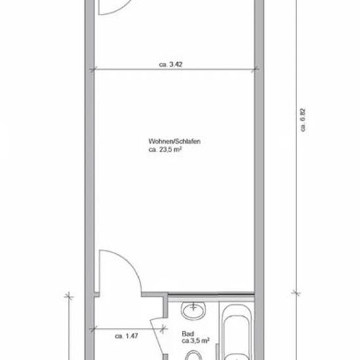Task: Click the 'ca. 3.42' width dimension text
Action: (x=171, y=65)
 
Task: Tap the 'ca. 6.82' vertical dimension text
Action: (x=303, y=120)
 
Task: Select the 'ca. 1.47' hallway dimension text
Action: (x=126, y=336)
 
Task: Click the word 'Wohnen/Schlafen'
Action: (x=175, y=141)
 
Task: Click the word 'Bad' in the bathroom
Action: (x=188, y=334)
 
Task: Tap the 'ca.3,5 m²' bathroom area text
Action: (x=196, y=341)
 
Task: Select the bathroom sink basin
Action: (x=193, y=310)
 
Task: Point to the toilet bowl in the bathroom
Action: (x=193, y=355)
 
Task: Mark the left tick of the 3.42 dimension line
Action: (x=92, y=69)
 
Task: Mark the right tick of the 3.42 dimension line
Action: (x=255, y=69)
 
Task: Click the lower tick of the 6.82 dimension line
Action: (x=296, y=293)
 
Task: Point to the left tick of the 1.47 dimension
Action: (x=92, y=330)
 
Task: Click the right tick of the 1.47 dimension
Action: (x=163, y=329)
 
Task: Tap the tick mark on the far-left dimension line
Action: (x=69, y=296)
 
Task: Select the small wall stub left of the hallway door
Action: (x=97, y=295)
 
